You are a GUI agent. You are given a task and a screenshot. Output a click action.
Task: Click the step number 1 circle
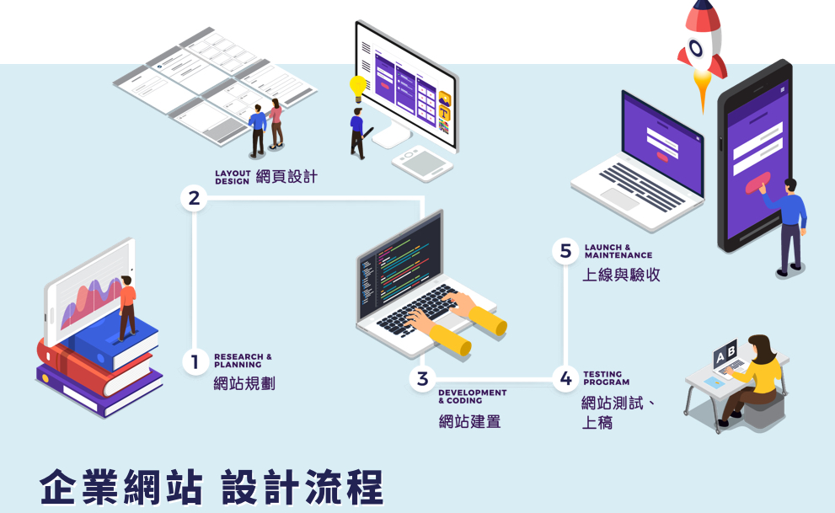click(x=195, y=362)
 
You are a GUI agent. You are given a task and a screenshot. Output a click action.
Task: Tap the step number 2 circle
click(x=195, y=199)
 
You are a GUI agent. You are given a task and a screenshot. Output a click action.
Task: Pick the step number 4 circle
click(x=565, y=379)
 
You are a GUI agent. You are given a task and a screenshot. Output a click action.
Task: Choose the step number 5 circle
click(x=565, y=251)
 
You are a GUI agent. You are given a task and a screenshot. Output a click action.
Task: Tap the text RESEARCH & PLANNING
click(x=243, y=361)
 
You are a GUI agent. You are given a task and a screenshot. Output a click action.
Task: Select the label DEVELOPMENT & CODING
click(x=472, y=396)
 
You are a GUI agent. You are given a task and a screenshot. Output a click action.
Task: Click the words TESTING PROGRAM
click(x=606, y=377)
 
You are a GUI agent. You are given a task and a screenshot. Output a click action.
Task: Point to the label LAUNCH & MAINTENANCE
click(x=618, y=251)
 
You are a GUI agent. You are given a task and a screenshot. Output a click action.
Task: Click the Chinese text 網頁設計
click(x=286, y=177)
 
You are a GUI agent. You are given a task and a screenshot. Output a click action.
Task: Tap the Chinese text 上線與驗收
click(x=621, y=275)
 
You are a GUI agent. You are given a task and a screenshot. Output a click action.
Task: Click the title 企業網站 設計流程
click(x=211, y=487)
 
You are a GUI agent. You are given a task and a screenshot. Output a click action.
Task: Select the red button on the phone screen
click(x=756, y=181)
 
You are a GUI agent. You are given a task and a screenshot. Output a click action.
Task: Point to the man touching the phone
click(x=790, y=223)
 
